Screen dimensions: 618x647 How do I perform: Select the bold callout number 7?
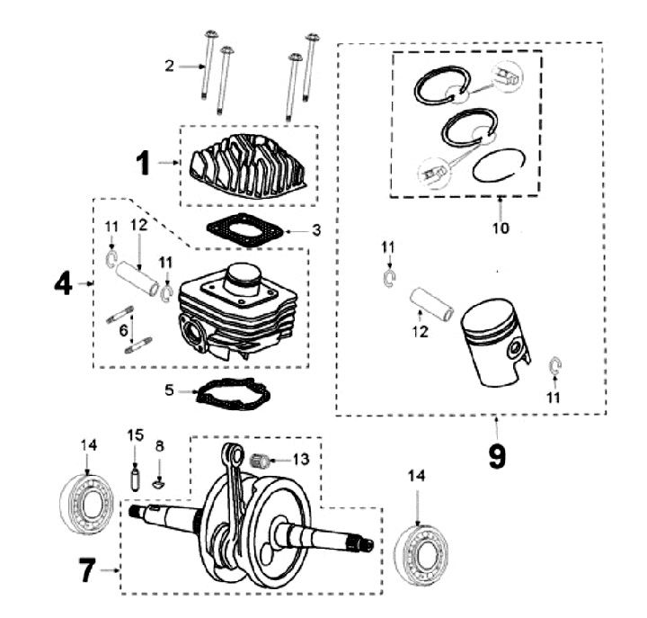point(86,570)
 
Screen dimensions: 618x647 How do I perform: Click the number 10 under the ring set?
point(501,228)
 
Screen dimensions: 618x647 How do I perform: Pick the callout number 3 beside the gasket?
point(316,230)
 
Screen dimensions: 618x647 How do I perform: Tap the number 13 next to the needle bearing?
point(300,459)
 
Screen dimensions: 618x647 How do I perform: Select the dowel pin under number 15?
point(135,474)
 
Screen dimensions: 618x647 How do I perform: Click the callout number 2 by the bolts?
point(168,65)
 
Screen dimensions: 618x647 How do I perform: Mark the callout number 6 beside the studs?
point(123,330)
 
